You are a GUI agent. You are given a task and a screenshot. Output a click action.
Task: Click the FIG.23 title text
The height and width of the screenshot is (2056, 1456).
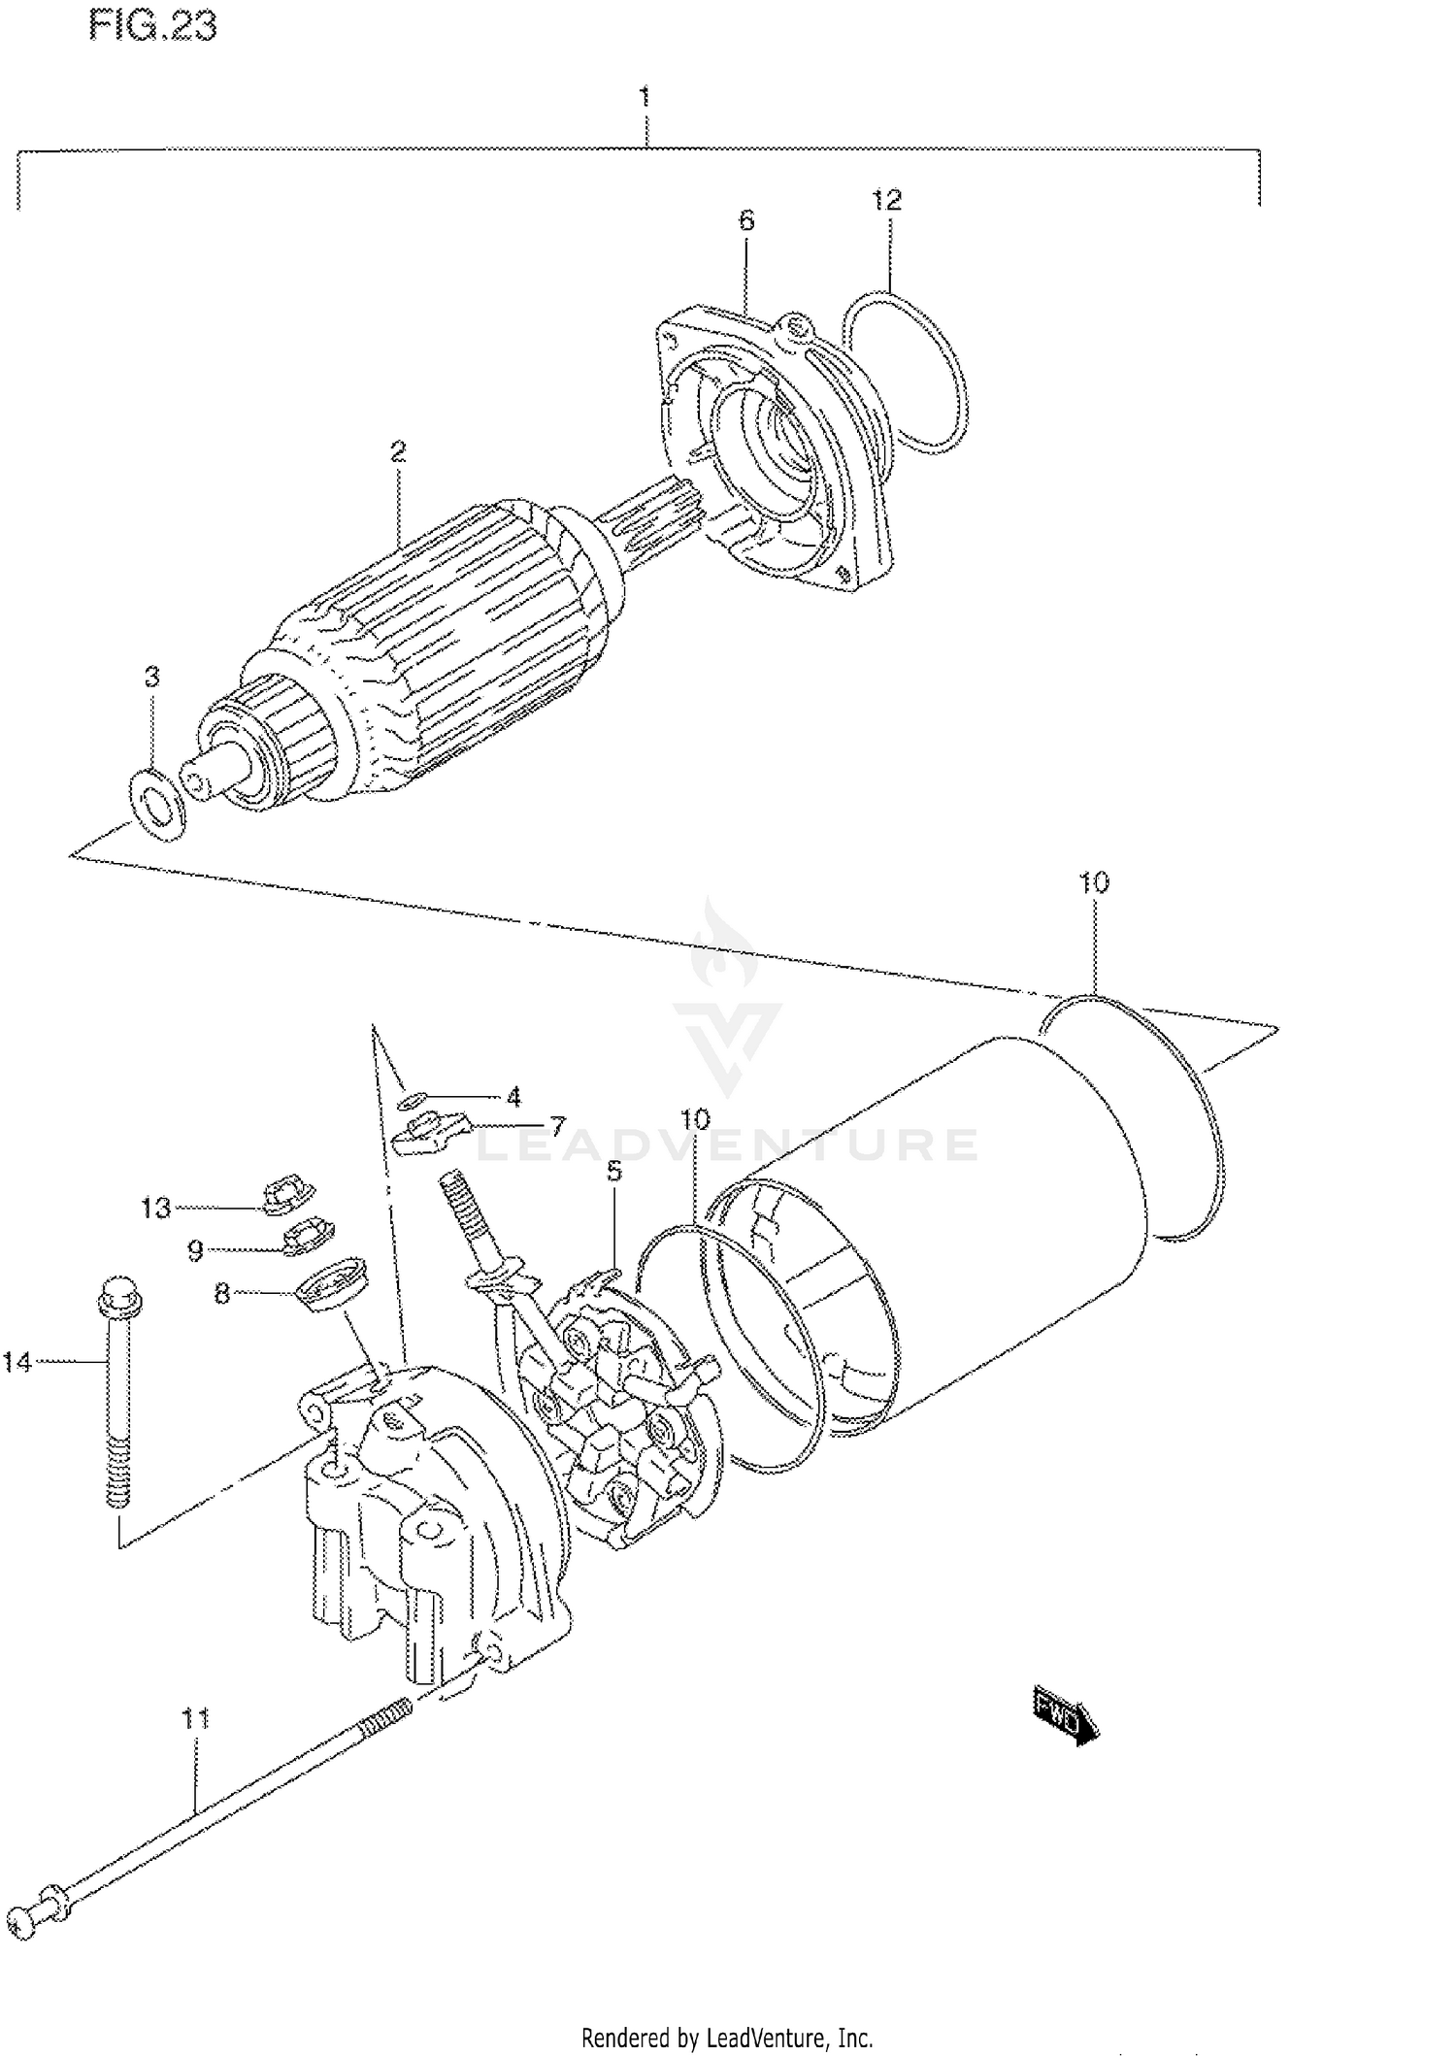pos(152,25)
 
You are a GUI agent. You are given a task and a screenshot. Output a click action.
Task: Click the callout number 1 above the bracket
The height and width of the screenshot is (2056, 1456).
pos(644,97)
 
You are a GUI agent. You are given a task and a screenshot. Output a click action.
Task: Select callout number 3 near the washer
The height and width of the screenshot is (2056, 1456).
pos(151,677)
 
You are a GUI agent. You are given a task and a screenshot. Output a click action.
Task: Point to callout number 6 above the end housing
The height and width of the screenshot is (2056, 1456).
pos(745,220)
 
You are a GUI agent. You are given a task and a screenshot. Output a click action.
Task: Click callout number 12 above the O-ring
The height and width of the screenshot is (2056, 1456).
pos(886,200)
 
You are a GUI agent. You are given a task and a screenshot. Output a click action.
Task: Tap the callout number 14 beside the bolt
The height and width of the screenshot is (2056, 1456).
pos(17,1362)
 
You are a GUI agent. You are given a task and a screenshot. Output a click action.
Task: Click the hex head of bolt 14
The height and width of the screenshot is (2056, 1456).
pos(116,1290)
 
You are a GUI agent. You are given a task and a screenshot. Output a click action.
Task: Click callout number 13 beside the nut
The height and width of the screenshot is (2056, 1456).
pos(155,1209)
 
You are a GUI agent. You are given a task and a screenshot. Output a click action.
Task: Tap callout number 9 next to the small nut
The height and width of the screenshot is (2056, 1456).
pos(195,1251)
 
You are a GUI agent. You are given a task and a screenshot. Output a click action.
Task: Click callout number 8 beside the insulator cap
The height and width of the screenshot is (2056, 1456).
pos(222,1294)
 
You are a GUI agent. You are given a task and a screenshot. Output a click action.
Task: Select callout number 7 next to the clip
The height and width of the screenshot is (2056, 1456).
pos(557,1126)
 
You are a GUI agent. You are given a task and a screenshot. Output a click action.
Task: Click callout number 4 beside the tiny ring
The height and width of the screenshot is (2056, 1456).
pos(513,1097)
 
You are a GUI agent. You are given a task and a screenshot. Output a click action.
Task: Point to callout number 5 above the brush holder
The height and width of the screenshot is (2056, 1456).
pos(614,1172)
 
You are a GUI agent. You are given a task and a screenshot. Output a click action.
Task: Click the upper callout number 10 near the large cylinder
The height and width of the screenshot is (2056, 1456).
pos(1093,882)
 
